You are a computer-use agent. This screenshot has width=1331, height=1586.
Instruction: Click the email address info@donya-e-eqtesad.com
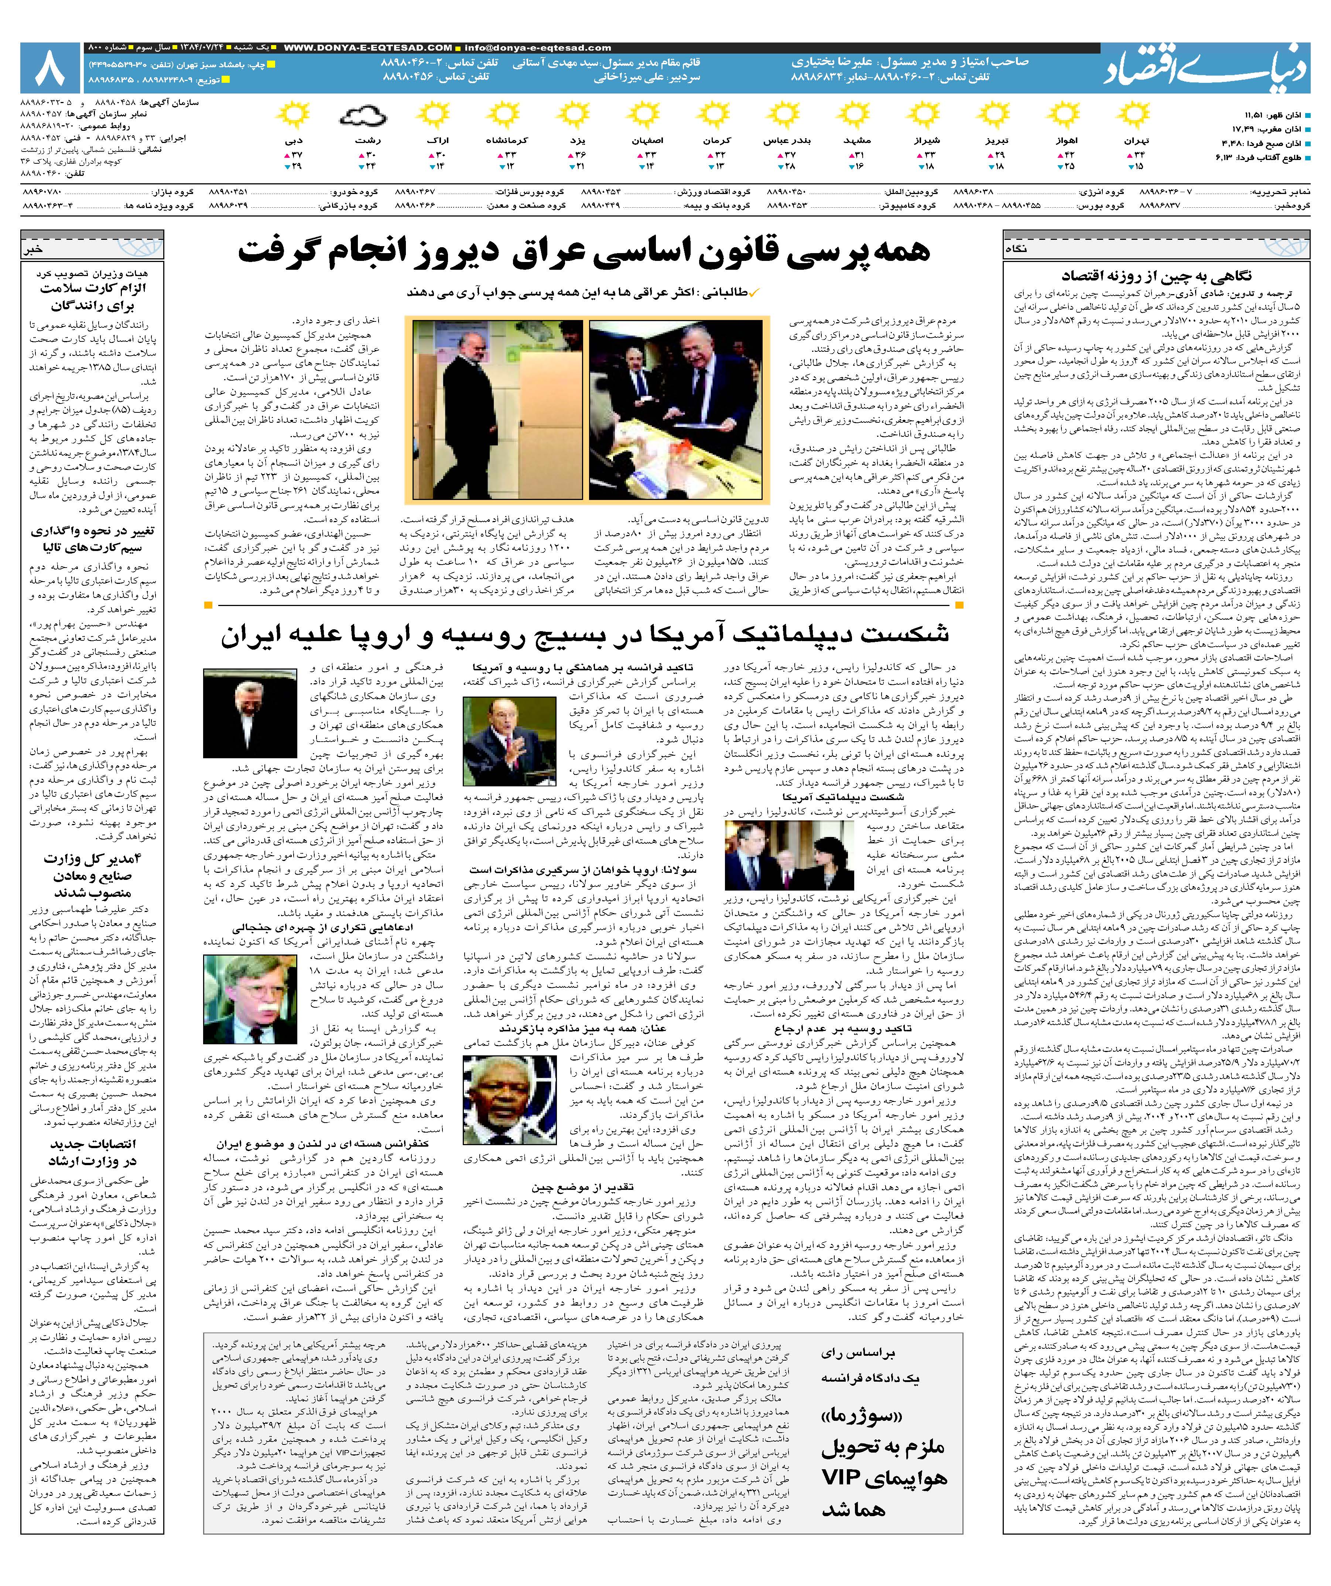tap(538, 48)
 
